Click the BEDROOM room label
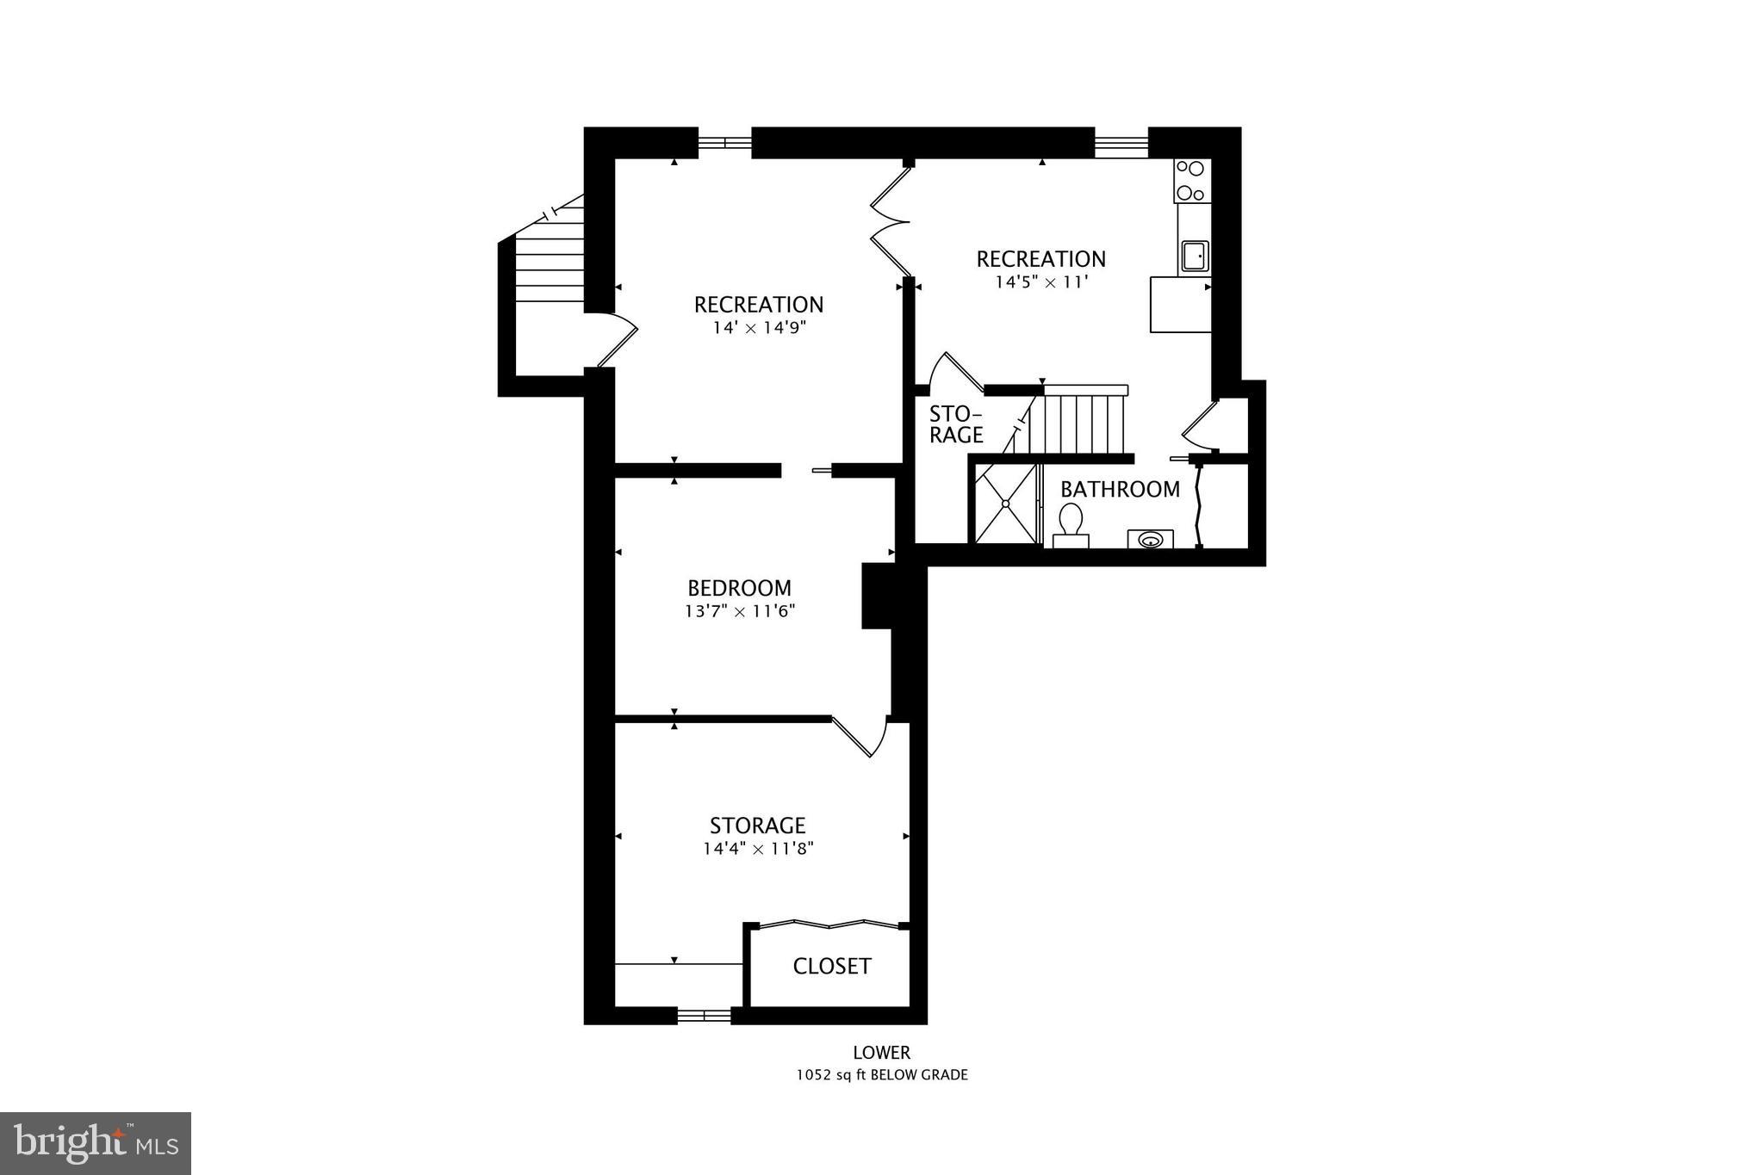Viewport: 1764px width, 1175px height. point(739,588)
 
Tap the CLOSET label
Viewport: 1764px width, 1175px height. point(831,966)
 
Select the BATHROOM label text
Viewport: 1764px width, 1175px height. point(1120,489)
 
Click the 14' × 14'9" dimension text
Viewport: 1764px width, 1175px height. point(758,328)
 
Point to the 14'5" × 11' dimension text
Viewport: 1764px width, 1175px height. point(1040,281)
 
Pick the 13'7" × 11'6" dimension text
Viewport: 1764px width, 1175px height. point(739,611)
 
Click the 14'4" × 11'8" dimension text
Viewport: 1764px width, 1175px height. point(757,849)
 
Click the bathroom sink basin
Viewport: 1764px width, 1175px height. point(1150,540)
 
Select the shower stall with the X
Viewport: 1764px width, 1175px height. point(1005,504)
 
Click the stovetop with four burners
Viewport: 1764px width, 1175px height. point(1192,181)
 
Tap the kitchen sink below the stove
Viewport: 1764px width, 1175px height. point(1194,256)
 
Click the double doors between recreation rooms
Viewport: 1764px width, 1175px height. point(889,222)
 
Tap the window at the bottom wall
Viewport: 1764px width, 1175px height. point(704,1016)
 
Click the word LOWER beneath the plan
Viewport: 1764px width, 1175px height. point(881,1052)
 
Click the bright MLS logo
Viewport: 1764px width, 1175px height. point(96,1143)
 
